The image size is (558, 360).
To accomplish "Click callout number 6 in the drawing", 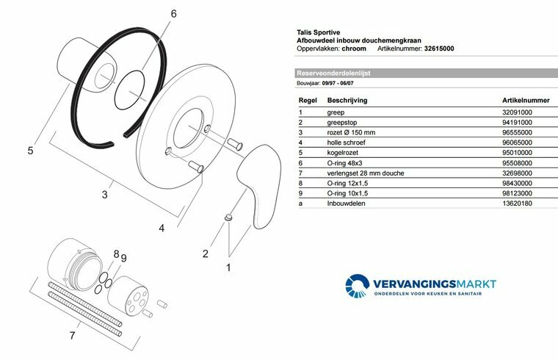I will (x=174, y=14).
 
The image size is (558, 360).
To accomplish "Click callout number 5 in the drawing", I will (x=30, y=151).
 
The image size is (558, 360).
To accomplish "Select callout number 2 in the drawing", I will (x=205, y=254).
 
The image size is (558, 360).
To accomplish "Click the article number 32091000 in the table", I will (x=517, y=112).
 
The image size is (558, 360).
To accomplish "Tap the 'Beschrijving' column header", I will (x=347, y=99).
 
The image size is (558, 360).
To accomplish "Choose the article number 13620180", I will (x=517, y=203).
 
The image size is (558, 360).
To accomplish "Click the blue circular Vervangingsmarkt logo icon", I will (x=358, y=287).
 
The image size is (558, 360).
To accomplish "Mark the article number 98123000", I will (x=517, y=192).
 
